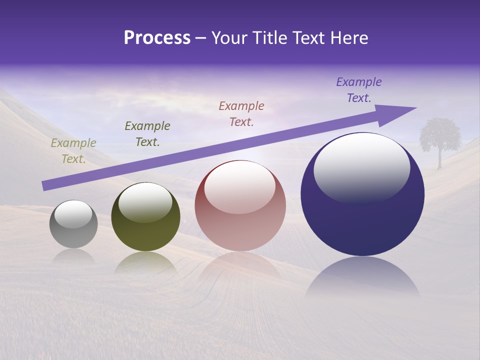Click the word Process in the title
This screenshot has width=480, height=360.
(x=157, y=38)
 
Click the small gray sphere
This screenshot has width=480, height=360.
(x=73, y=224)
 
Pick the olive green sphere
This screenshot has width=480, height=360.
(x=145, y=217)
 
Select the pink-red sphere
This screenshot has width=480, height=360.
(x=240, y=206)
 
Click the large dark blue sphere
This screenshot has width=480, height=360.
(x=362, y=195)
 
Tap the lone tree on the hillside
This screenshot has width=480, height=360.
(x=440, y=137)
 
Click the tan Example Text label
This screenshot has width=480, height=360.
(x=73, y=151)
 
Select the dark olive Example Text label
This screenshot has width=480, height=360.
(x=147, y=134)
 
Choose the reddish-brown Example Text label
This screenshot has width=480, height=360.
(x=241, y=114)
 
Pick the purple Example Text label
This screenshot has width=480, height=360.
(x=359, y=90)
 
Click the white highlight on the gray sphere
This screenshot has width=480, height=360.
(x=73, y=214)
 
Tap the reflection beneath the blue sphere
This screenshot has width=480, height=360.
(x=362, y=277)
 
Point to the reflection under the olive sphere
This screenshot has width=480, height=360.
(x=145, y=262)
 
